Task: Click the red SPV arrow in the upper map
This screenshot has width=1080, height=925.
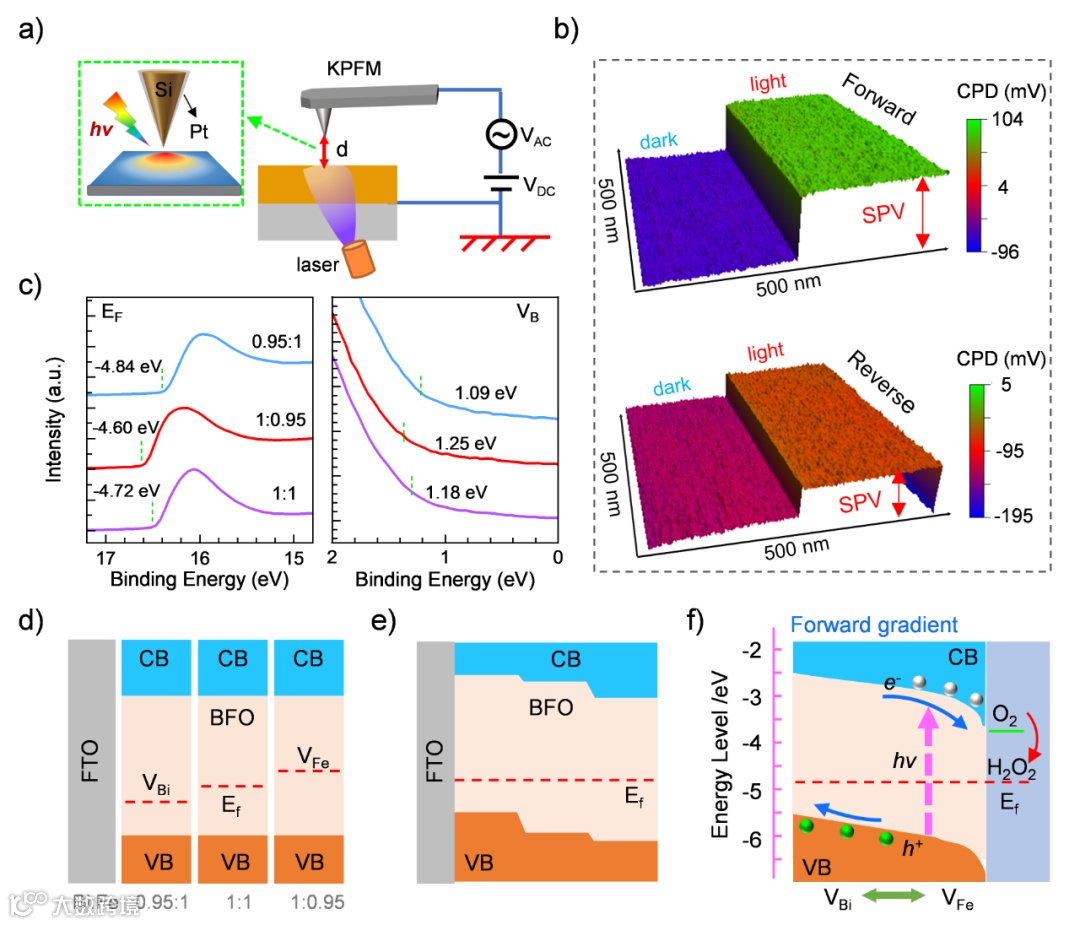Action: (x=922, y=211)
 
